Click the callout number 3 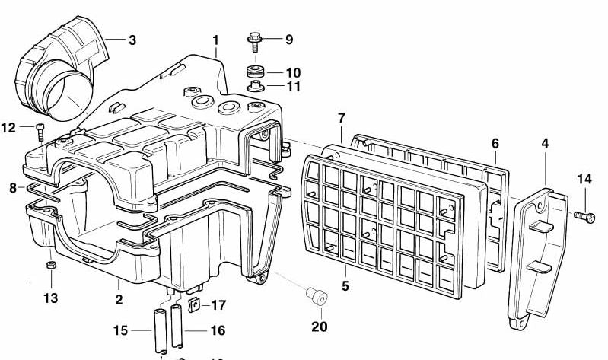pyautogui.click(x=132, y=40)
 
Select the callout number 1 pyautogui.click(x=215, y=39)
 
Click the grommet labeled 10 pyautogui.click(x=254, y=72)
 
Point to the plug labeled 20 pyautogui.click(x=313, y=294)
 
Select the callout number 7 pyautogui.click(x=342, y=118)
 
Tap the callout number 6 pyautogui.click(x=495, y=143)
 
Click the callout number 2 pyautogui.click(x=119, y=300)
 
